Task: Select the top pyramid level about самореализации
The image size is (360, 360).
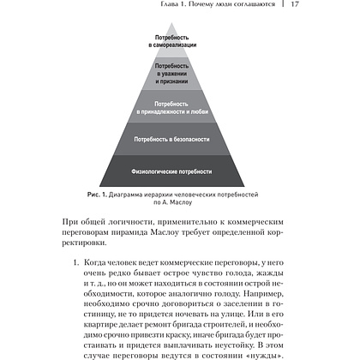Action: (177, 42)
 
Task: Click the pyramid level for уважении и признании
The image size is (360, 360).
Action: (177, 71)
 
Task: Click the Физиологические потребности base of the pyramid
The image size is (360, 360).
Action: (177, 171)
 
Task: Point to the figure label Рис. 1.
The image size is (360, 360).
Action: (88, 195)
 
